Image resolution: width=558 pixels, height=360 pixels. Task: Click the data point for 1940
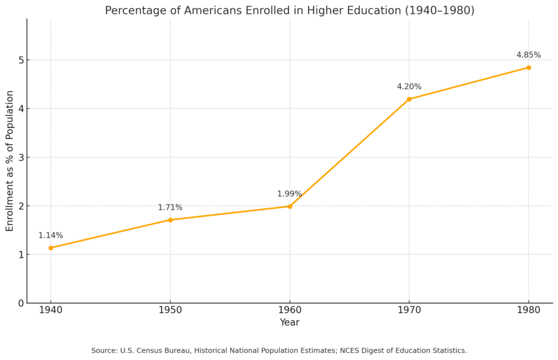pyautogui.click(x=51, y=248)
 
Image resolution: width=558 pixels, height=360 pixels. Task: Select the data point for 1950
pyautogui.click(x=170, y=220)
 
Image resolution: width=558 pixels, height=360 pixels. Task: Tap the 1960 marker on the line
pyautogui.click(x=290, y=206)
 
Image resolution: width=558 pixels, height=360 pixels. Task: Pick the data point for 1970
pyautogui.click(x=409, y=99)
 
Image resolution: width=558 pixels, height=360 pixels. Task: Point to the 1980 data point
pyautogui.click(x=529, y=68)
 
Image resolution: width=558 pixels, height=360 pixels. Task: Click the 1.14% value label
pyautogui.click(x=50, y=235)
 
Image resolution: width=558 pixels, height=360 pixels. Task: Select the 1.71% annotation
pyautogui.click(x=170, y=208)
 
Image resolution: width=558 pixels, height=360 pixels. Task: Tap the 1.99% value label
pyautogui.click(x=289, y=194)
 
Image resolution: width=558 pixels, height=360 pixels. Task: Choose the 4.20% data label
pyautogui.click(x=409, y=87)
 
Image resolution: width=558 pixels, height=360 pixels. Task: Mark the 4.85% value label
pyautogui.click(x=528, y=55)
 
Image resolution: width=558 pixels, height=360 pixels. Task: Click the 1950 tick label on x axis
pyautogui.click(x=170, y=311)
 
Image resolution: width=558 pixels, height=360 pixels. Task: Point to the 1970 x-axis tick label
pyautogui.click(x=409, y=311)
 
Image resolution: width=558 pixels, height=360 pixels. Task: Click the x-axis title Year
pyautogui.click(x=289, y=323)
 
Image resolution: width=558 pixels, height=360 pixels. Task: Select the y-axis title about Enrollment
pyautogui.click(x=10, y=161)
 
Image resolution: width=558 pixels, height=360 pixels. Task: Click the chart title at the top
pyautogui.click(x=289, y=10)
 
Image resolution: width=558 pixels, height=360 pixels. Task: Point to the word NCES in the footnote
pyautogui.click(x=351, y=351)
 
